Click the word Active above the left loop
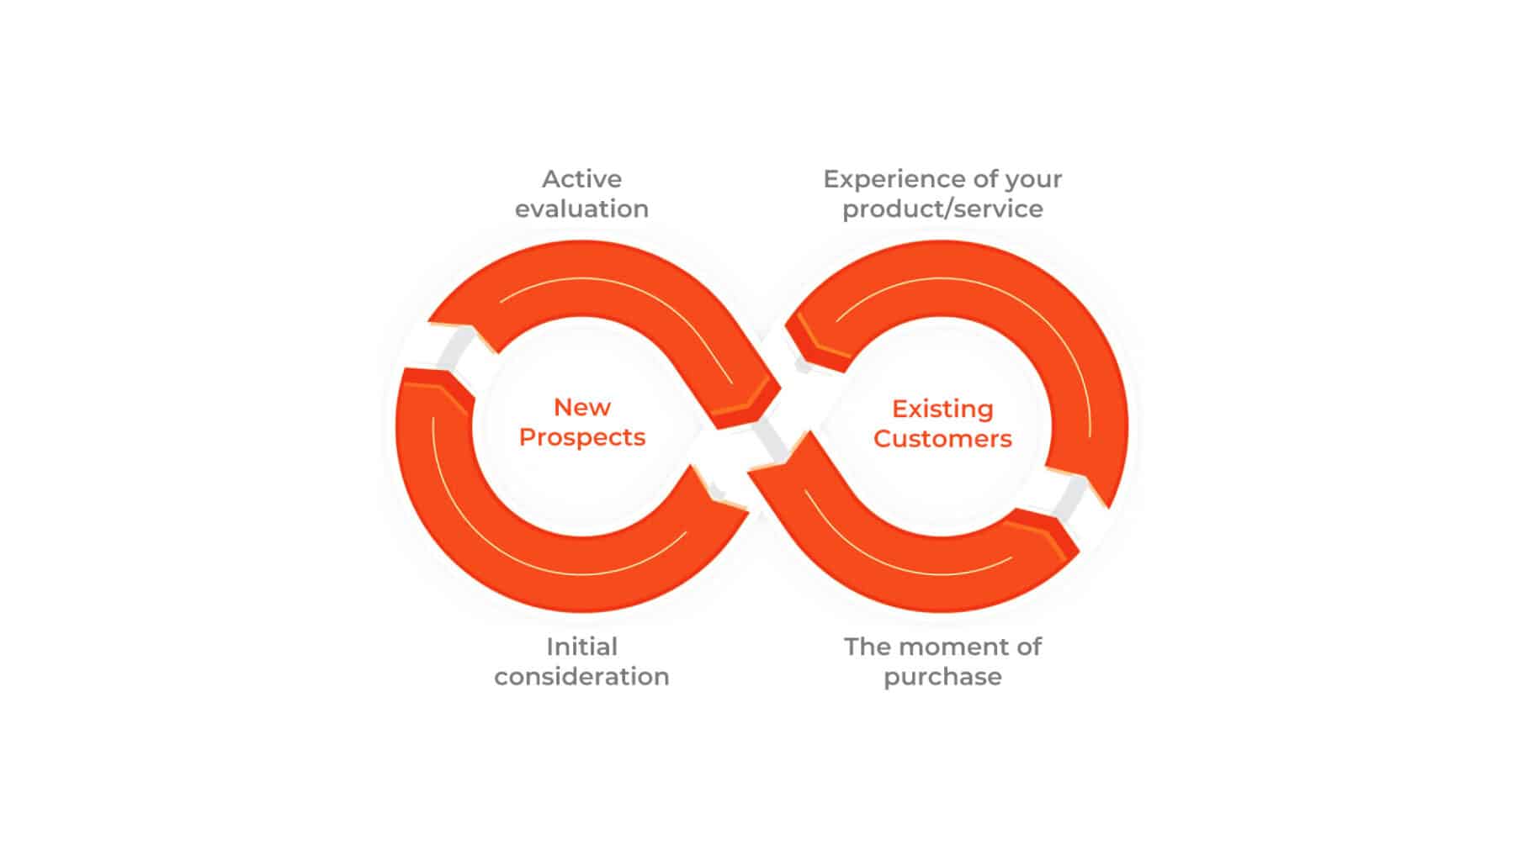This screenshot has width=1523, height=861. coord(581,179)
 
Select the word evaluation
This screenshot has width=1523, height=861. coord(581,209)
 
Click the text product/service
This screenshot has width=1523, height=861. coord(942,209)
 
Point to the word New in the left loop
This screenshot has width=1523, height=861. coord(581,407)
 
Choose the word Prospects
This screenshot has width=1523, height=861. coord(581,438)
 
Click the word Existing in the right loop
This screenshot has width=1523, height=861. coord(942,409)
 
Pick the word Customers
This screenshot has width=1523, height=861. coord(942,439)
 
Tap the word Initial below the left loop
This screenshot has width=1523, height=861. coord(581,647)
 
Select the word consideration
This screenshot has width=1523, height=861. coord(581,677)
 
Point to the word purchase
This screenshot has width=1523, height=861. coord(942,678)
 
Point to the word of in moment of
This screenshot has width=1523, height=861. coord(1029,647)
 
